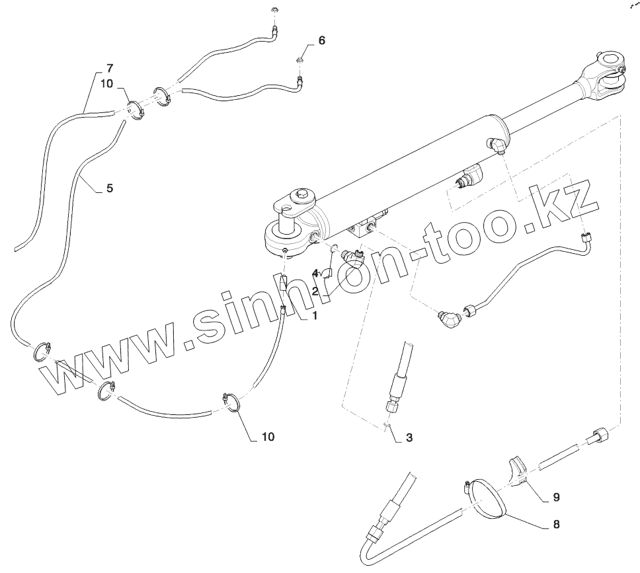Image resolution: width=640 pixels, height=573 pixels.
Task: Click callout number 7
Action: pyautogui.click(x=110, y=67)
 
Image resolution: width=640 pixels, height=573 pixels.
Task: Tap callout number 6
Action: pyautogui.click(x=322, y=40)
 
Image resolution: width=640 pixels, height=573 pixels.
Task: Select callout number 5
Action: pyautogui.click(x=110, y=188)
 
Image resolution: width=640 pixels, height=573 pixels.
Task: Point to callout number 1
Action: pyautogui.click(x=315, y=316)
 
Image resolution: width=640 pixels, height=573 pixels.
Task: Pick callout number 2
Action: pyautogui.click(x=315, y=290)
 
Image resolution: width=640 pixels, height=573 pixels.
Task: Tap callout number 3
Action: pyautogui.click(x=409, y=437)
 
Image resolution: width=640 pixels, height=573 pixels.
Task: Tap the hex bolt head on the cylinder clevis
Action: pyautogui.click(x=303, y=194)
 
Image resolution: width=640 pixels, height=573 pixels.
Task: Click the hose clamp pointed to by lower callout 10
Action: pyautogui.click(x=231, y=402)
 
